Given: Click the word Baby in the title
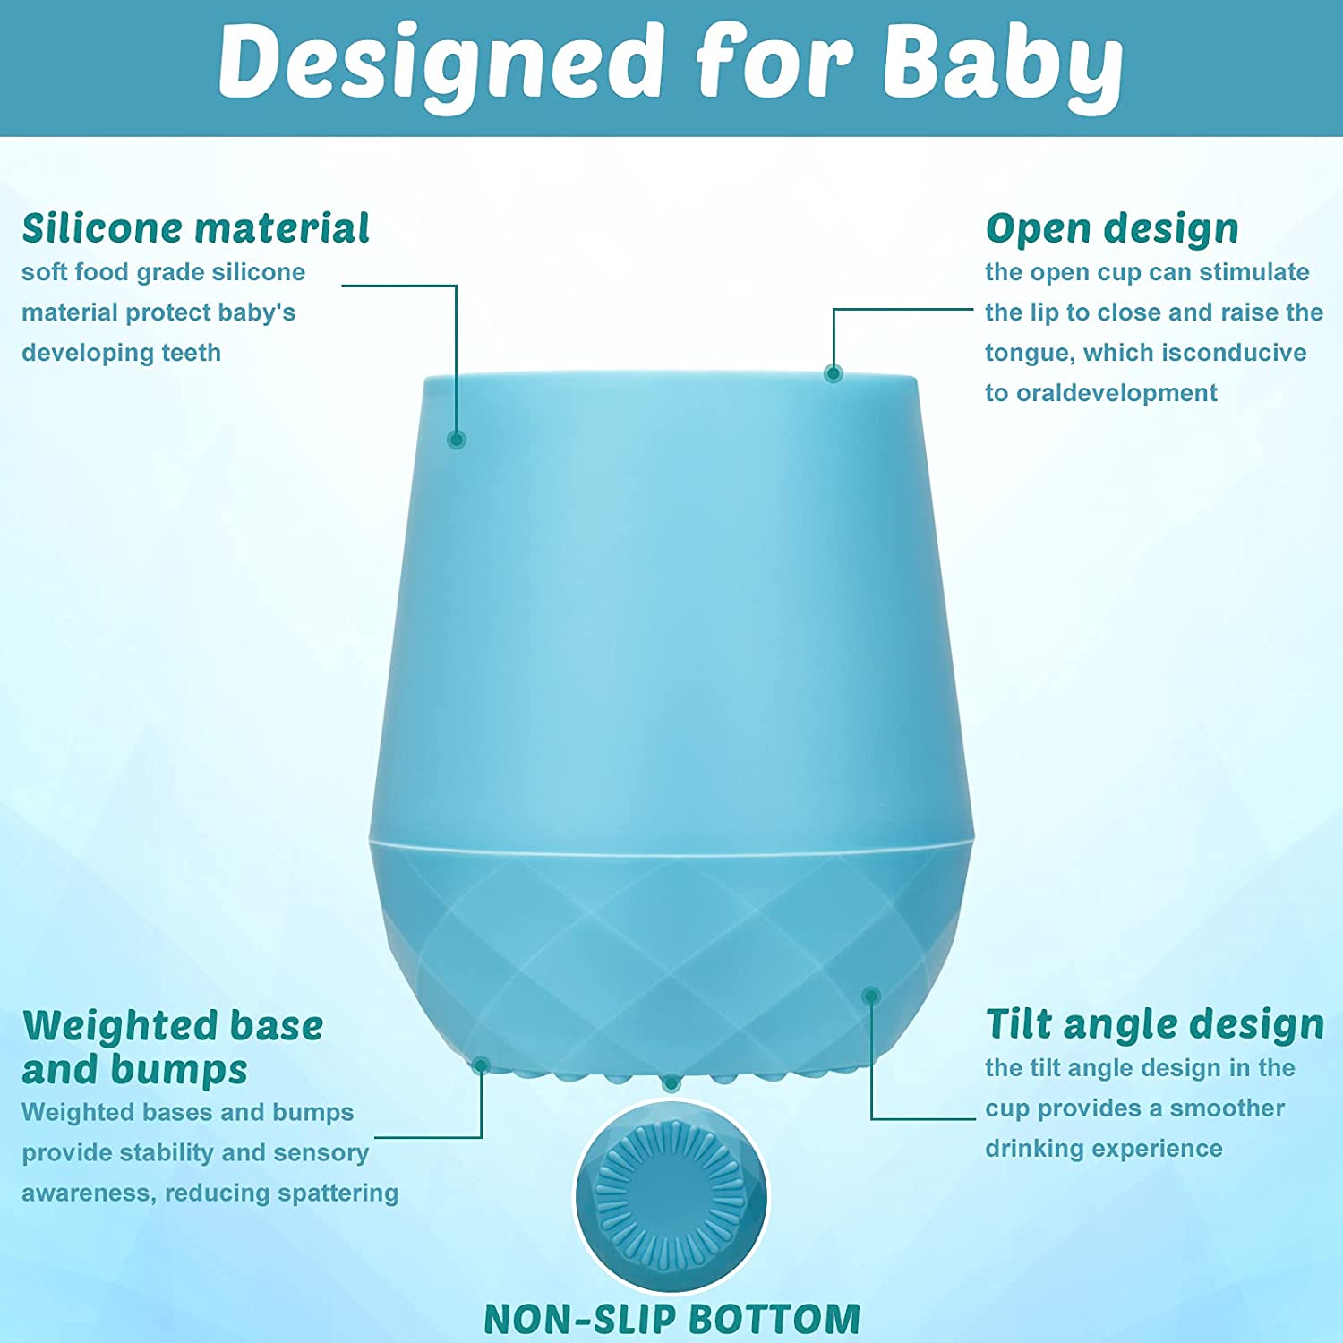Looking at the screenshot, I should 1003,63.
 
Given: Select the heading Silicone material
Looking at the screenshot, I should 195,228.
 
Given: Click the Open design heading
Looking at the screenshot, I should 1112,228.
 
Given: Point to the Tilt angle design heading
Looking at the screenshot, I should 1154,1024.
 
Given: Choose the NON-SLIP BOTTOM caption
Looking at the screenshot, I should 671,1319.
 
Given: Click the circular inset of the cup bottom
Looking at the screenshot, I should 671,1195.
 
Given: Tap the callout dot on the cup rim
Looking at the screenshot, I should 834,373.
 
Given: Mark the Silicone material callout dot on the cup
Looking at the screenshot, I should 457,439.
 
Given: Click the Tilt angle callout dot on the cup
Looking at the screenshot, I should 871,996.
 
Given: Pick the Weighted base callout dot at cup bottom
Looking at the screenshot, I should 481,1065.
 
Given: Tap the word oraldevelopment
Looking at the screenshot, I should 1116,393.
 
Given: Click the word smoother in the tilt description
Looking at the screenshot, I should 1227,1108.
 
